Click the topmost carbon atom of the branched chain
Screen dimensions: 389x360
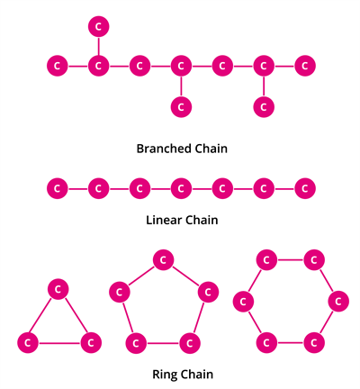point(98,25)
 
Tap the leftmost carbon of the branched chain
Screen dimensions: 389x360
point(57,66)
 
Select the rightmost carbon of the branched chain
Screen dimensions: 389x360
point(306,66)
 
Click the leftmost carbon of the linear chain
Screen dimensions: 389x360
point(57,188)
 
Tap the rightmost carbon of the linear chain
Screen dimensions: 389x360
point(306,188)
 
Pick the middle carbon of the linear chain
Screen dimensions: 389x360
point(181,188)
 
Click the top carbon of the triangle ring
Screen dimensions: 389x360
point(58,288)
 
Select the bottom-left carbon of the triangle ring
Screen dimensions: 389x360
point(28,342)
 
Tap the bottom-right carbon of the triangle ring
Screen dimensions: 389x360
point(89,342)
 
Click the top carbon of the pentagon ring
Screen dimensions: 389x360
point(162,260)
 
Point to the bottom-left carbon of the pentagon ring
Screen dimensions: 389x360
point(135,342)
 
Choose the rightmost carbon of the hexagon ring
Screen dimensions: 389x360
point(337,301)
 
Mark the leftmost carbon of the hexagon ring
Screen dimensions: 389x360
point(241,301)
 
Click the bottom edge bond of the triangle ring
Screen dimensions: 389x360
point(58,342)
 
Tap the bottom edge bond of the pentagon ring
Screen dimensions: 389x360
point(162,342)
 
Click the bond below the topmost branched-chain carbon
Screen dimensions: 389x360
point(98,46)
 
